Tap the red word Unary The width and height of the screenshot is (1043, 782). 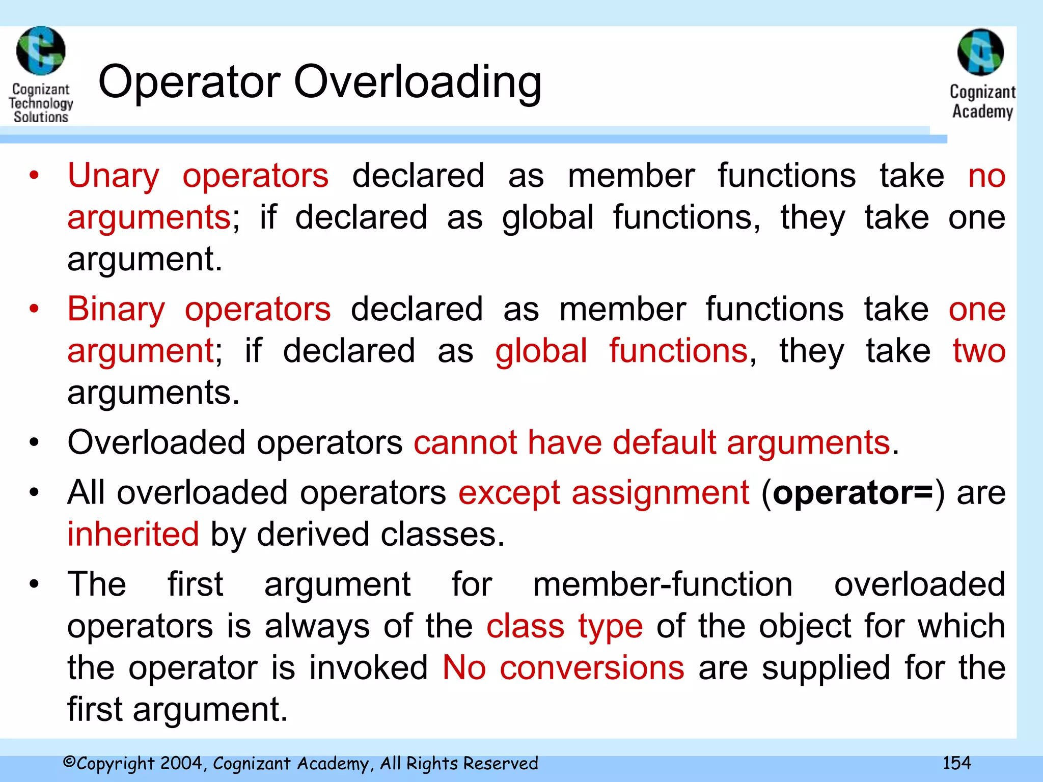click(x=114, y=176)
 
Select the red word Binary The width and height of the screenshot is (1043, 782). click(x=116, y=310)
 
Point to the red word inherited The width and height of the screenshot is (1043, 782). click(x=133, y=535)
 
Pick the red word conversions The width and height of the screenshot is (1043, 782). click(x=592, y=668)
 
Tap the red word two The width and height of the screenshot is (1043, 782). click(x=979, y=351)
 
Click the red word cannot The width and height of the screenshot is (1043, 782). click(x=465, y=442)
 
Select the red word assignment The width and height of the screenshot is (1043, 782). click(x=660, y=493)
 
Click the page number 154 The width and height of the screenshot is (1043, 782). click(x=956, y=763)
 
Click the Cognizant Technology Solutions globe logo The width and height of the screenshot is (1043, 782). click(x=41, y=51)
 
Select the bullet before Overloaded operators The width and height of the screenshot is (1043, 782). click(x=34, y=442)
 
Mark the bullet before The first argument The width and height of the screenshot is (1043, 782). click(x=34, y=584)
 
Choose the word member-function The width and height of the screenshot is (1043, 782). click(x=662, y=584)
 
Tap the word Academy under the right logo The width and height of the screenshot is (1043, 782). click(x=982, y=111)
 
